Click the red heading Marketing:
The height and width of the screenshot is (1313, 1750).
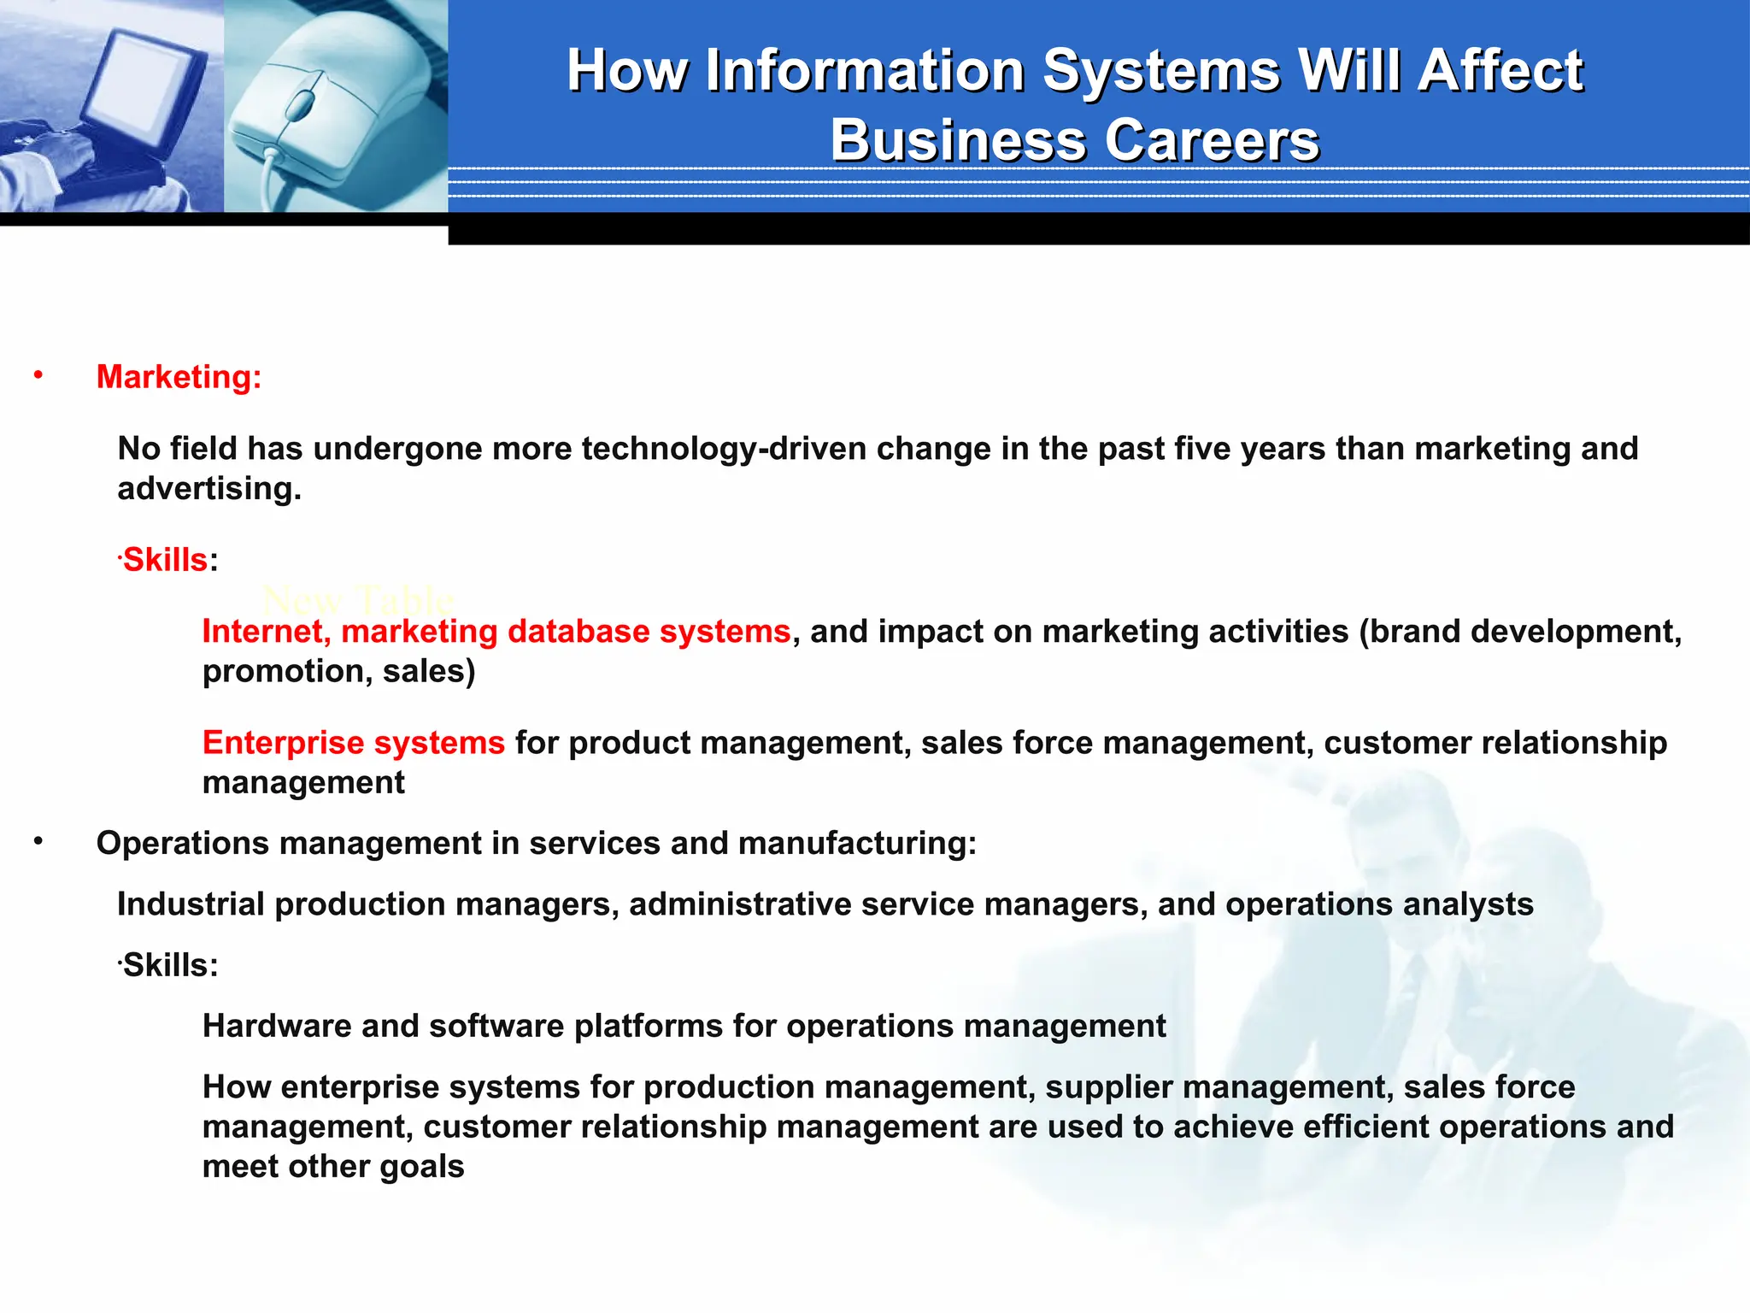coord(179,377)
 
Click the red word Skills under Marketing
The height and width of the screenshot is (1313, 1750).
coord(166,561)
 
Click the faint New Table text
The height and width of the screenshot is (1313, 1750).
coord(357,600)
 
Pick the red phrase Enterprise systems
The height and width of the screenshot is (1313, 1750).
coord(354,743)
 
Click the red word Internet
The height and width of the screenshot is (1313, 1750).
coord(266,632)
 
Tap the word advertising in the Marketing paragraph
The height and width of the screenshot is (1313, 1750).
coord(208,489)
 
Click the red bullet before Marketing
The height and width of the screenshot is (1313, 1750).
coord(38,374)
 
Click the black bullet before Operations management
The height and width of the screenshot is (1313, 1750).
coord(38,842)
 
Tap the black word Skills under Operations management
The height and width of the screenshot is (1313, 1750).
coord(170,966)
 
